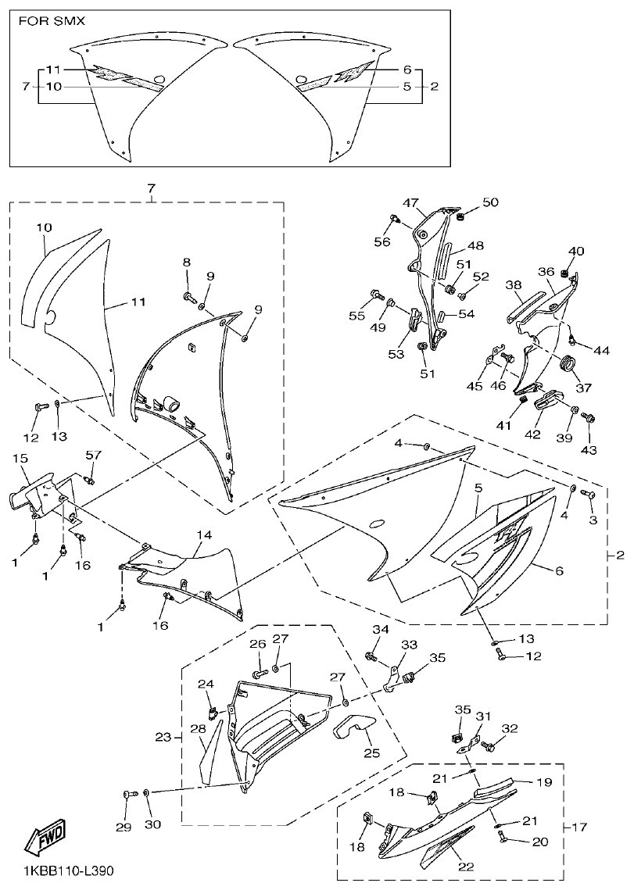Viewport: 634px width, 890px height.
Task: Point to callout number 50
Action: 489,202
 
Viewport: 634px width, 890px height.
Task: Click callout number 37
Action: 583,387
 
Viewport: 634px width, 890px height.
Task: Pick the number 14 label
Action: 204,535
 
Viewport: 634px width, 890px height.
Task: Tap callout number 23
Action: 163,737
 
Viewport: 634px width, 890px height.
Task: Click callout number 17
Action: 582,826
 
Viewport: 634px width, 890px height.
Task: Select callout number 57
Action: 94,455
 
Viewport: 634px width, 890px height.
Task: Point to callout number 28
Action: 199,729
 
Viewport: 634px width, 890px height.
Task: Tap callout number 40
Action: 576,251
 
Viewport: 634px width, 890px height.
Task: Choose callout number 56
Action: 381,242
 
